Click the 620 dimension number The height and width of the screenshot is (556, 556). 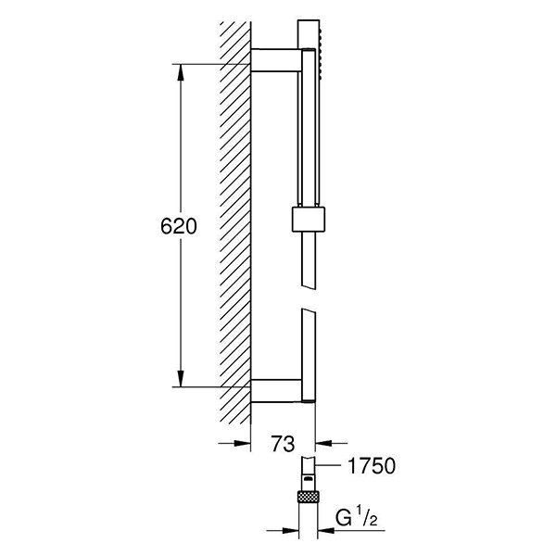point(178,226)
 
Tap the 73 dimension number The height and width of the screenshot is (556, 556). point(283,443)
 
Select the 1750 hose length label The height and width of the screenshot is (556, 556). point(372,465)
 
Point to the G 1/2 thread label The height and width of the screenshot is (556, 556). point(356,518)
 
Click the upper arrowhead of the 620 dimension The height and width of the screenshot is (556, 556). point(181,72)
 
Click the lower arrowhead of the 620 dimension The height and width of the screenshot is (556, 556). point(181,379)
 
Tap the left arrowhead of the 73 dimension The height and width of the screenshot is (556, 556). point(243,443)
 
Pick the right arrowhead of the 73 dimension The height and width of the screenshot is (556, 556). point(323,443)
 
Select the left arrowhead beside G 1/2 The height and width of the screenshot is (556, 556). point(291,530)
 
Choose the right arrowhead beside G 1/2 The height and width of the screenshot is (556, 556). point(326,530)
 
